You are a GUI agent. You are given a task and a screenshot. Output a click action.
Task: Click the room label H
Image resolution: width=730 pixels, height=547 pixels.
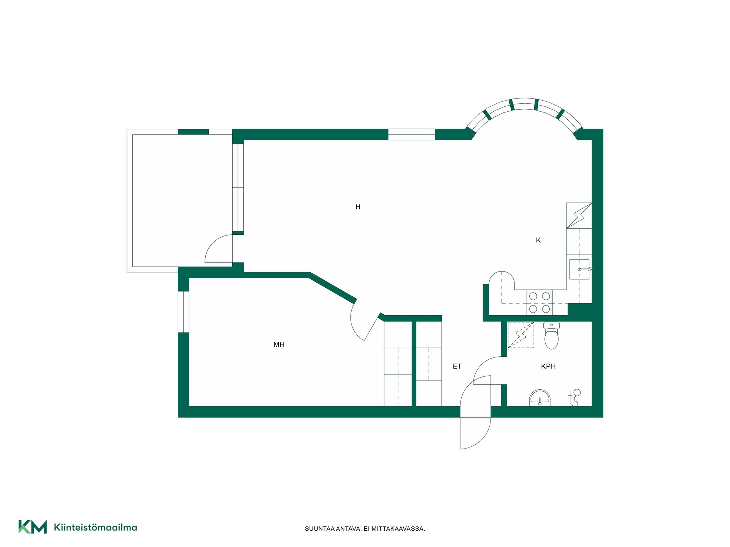358,207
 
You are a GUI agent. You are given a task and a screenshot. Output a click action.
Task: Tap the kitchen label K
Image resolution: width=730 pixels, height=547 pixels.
538,240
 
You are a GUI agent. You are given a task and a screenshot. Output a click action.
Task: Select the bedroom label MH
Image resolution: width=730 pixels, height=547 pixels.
279,345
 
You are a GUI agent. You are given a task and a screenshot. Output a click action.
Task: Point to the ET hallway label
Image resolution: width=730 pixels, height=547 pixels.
457,367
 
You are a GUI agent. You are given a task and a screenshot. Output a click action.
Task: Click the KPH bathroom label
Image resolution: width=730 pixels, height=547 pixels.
548,367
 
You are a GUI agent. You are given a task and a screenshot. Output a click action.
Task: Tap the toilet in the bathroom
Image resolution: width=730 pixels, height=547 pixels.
551,335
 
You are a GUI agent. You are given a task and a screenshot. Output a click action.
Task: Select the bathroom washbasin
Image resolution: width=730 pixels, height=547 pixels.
540,398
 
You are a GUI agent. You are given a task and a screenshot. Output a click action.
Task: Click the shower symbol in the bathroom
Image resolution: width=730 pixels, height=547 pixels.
574,397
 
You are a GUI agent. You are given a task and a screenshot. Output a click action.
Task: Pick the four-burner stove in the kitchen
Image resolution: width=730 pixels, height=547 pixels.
540,302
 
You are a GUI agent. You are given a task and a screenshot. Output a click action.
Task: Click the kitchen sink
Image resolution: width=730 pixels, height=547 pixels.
579,269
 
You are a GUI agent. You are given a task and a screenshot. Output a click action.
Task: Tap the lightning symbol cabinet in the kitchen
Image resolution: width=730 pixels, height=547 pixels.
579,215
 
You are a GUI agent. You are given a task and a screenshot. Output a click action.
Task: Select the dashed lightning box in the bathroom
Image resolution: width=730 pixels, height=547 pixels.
521,335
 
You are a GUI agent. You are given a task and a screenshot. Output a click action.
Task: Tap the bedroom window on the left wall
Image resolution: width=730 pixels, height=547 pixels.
184,312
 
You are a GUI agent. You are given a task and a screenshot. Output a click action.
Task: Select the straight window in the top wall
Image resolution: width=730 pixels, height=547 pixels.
411,134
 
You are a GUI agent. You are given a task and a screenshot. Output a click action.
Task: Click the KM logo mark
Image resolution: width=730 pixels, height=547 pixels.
33,527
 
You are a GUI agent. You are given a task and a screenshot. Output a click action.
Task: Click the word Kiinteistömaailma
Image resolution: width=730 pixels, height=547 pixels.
95,527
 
